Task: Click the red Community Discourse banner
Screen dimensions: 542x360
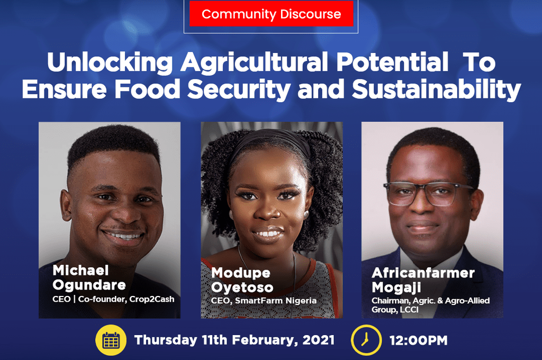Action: pyautogui.click(x=272, y=14)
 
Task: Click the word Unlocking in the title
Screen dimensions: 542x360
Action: pyautogui.click(x=110, y=63)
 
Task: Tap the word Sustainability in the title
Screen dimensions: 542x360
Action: pyautogui.click(x=437, y=89)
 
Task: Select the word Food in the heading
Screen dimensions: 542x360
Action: pyautogui.click(x=148, y=89)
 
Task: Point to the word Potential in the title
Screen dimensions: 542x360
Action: pyautogui.click(x=392, y=62)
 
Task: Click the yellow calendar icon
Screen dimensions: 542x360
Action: pyautogui.click(x=111, y=340)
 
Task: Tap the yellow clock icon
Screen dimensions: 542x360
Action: pyautogui.click(x=366, y=340)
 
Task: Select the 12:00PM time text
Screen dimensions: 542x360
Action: pyautogui.click(x=418, y=340)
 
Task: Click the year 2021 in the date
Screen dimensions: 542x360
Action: pyautogui.click(x=318, y=340)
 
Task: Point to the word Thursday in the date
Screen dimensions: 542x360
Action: pyautogui.click(x=166, y=340)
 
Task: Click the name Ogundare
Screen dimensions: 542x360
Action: pyautogui.click(x=89, y=285)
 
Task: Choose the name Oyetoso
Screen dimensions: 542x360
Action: pyautogui.click(x=242, y=287)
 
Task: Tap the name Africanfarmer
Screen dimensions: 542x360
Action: pyautogui.click(x=423, y=273)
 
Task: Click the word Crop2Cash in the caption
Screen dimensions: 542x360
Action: pyautogui.click(x=151, y=299)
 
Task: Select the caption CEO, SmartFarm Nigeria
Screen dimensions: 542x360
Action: pyautogui.click(x=264, y=301)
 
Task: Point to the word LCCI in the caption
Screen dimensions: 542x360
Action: pyautogui.click(x=409, y=310)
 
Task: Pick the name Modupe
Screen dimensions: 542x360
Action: pyautogui.click(x=241, y=273)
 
